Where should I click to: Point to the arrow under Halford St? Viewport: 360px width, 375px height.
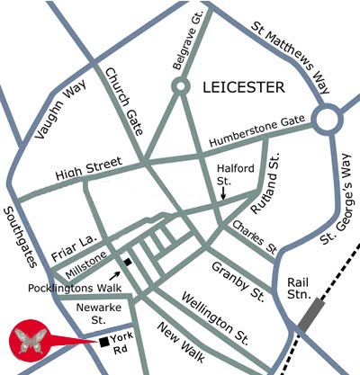point(223,192)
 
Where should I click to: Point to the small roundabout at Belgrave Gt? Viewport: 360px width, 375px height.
point(182,87)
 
